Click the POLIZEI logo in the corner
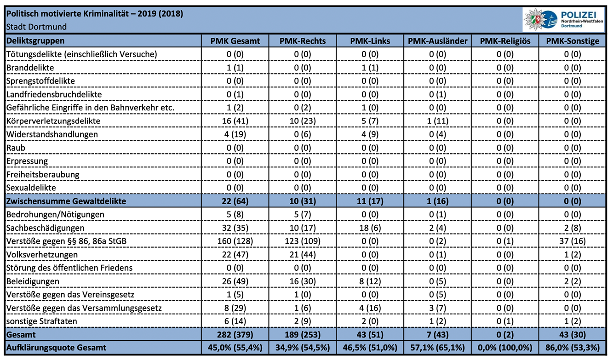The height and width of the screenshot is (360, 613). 563,20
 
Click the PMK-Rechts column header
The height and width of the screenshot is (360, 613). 303,41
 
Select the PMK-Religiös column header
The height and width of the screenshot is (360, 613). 505,41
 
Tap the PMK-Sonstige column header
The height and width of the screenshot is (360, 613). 573,41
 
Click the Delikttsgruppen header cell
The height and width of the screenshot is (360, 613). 35,41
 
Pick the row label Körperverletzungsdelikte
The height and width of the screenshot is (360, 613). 53,121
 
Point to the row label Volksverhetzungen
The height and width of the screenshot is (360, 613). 42,255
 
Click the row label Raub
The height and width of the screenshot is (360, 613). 16,148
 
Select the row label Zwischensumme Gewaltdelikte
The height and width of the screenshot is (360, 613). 66,201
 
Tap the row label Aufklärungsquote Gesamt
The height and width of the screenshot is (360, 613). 56,348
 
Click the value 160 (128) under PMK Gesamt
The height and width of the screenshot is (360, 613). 235,241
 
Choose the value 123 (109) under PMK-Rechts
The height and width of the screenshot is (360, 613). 303,241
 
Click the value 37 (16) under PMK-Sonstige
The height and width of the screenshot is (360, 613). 573,241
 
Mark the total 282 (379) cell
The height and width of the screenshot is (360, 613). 235,335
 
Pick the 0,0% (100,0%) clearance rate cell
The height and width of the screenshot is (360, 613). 505,348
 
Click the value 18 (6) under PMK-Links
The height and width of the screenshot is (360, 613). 370,228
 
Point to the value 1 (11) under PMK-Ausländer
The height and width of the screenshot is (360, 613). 438,121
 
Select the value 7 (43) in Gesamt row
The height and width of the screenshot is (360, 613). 438,335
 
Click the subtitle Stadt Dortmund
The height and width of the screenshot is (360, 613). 36,27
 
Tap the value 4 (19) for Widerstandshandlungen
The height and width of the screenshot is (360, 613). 235,134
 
